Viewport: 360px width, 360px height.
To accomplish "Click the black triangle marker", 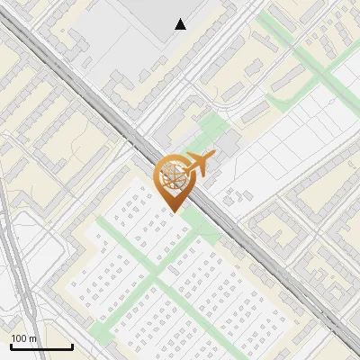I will click(x=181, y=24).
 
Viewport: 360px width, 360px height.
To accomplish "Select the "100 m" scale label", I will click(x=24, y=338).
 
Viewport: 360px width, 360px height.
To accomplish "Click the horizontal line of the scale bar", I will click(x=41, y=346).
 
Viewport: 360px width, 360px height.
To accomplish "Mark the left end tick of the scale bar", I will click(x=11, y=346).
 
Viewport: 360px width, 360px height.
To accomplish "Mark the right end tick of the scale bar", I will click(x=72, y=346).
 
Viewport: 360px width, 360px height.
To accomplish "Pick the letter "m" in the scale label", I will click(x=33, y=338).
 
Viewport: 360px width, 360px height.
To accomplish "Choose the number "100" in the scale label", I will click(x=20, y=338).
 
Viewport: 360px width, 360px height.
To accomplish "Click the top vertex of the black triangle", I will click(x=181, y=19).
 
